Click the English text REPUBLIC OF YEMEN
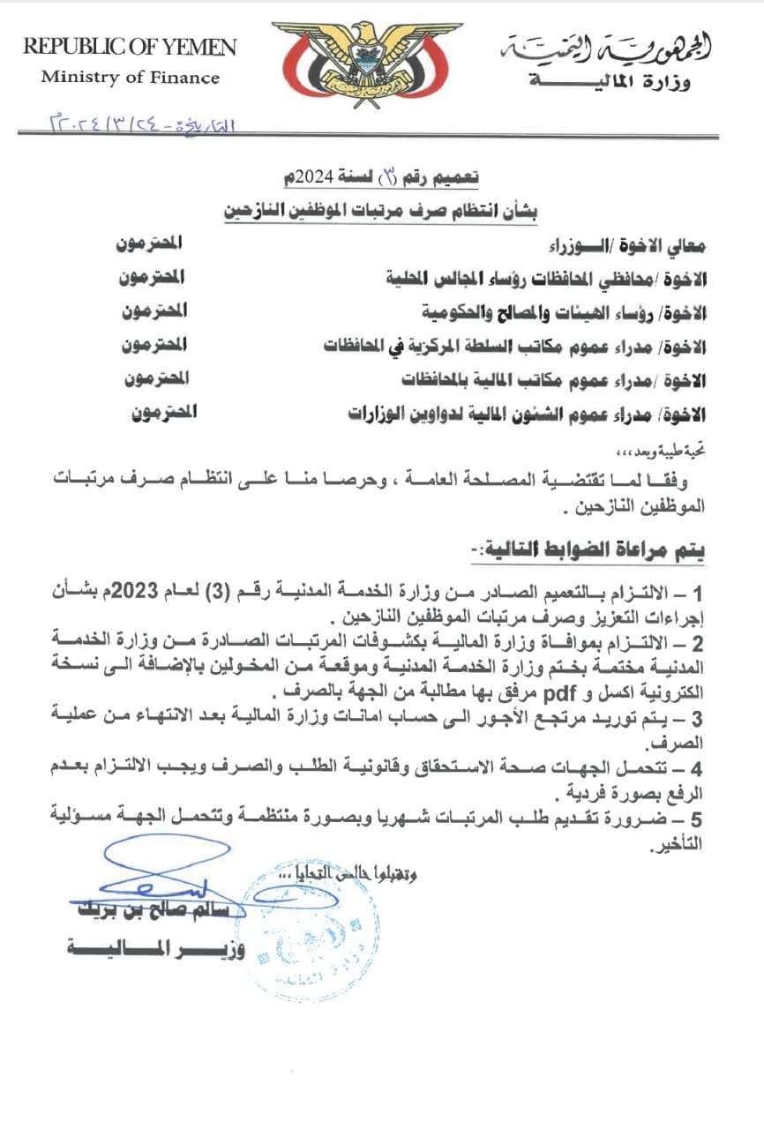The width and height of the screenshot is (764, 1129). tap(130, 47)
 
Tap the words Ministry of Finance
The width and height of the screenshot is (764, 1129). tap(130, 78)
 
